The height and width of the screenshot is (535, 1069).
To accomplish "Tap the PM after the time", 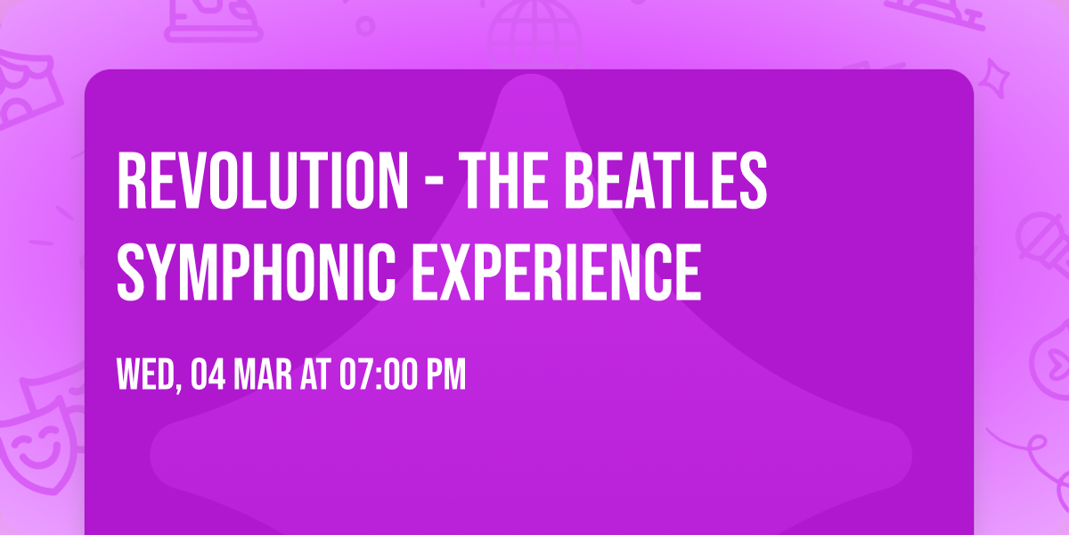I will [x=446, y=374].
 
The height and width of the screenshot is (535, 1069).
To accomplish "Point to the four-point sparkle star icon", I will [x=999, y=74].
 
